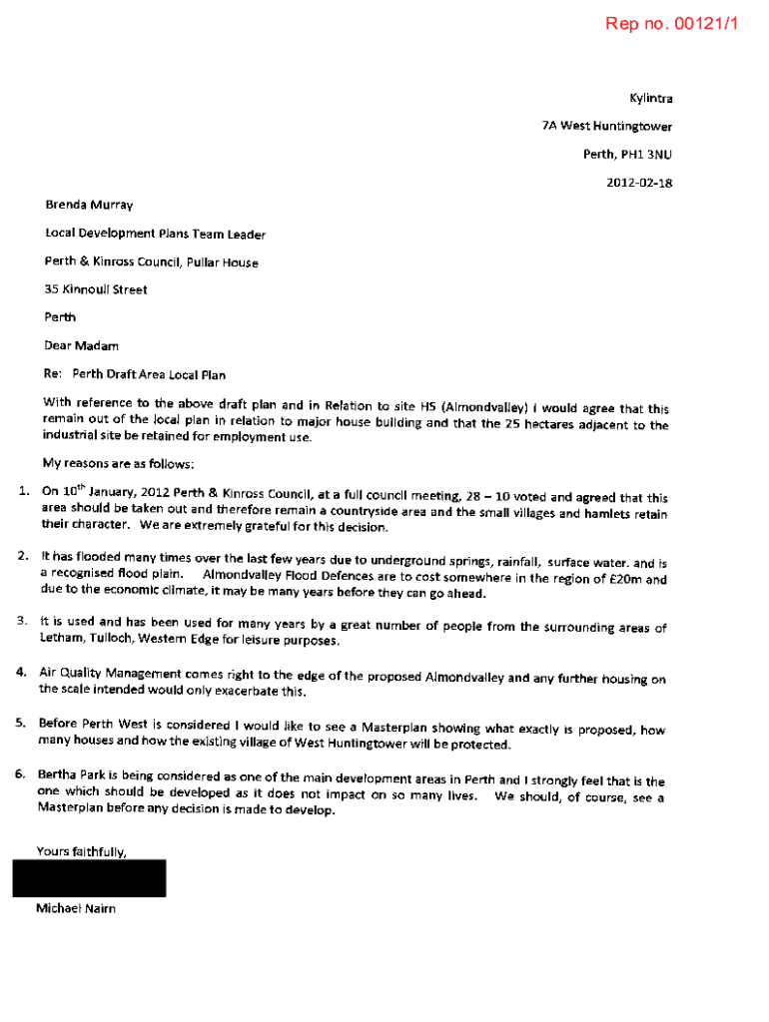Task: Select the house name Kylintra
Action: point(650,99)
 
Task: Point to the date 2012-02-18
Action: point(639,183)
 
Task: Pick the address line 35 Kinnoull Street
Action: point(96,289)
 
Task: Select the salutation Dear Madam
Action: point(82,345)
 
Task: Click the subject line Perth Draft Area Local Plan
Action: point(149,375)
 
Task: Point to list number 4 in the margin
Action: point(21,672)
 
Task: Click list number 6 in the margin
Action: point(21,774)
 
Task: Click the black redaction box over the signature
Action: point(89,878)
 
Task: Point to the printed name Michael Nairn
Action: point(76,909)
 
